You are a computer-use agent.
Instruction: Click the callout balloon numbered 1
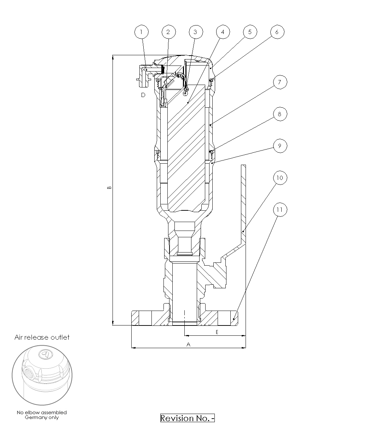point(142,32)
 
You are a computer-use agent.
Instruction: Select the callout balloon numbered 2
point(168,32)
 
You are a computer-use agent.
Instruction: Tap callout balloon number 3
point(196,32)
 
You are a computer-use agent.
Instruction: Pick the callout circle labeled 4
point(223,32)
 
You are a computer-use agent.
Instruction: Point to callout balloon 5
point(250,32)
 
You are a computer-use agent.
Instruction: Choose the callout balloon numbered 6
point(277,32)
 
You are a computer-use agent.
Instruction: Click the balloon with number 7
point(280,82)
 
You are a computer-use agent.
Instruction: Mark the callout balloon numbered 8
point(280,114)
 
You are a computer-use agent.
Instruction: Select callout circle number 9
point(280,146)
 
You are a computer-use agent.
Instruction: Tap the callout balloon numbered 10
point(280,178)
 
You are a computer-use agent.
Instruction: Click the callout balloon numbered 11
point(280,210)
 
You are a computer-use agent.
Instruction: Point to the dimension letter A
point(188,344)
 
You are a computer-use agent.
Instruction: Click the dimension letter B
point(109,187)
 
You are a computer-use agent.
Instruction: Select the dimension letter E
point(217,332)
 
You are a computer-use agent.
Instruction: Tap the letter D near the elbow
point(143,95)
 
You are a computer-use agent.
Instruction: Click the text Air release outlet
point(42,338)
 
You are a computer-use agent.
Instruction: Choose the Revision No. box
point(188,418)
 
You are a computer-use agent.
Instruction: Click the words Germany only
point(42,418)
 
